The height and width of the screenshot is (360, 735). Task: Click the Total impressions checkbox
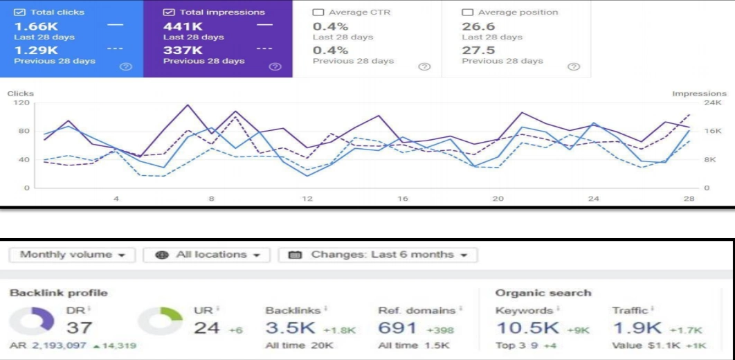(168, 12)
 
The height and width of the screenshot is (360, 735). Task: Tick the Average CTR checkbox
(318, 12)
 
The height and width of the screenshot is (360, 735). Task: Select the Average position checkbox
(467, 12)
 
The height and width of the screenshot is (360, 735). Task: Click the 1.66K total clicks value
(33, 26)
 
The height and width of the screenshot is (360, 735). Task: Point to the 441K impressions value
(182, 26)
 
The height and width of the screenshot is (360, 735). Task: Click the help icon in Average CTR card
(424, 66)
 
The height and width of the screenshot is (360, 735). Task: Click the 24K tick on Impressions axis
(713, 102)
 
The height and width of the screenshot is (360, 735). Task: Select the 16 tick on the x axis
(403, 199)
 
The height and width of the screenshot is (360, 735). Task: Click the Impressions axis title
(699, 93)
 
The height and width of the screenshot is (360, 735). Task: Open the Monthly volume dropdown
(73, 255)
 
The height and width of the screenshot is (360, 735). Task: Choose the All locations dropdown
(206, 255)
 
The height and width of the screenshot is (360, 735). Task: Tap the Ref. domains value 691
(397, 327)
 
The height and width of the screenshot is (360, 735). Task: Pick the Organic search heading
(543, 293)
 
